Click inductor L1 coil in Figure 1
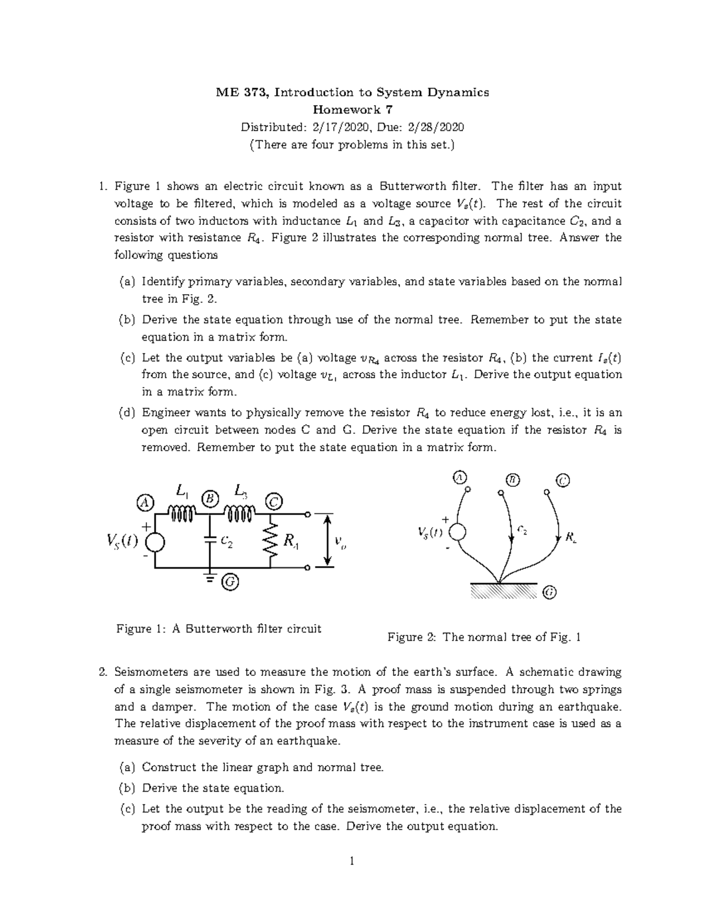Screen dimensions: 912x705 [182, 514]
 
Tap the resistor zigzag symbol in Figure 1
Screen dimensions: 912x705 [271, 541]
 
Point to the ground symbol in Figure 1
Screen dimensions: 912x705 [210, 577]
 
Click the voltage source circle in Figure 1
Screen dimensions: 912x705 [155, 541]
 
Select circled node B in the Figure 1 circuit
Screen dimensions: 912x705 [210, 498]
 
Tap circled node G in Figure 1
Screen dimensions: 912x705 [230, 582]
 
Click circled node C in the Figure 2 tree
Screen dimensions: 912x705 [562, 481]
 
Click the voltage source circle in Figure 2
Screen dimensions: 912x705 [457, 532]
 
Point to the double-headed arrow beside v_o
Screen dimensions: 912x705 [328, 541]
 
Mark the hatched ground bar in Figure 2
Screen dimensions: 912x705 [503, 590]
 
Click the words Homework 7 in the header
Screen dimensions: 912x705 [352, 109]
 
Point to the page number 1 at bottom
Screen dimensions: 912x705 [352, 861]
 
